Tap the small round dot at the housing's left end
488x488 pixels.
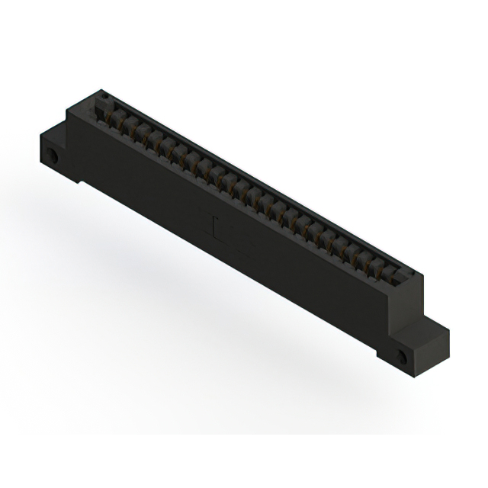pyautogui.click(x=106, y=97)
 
